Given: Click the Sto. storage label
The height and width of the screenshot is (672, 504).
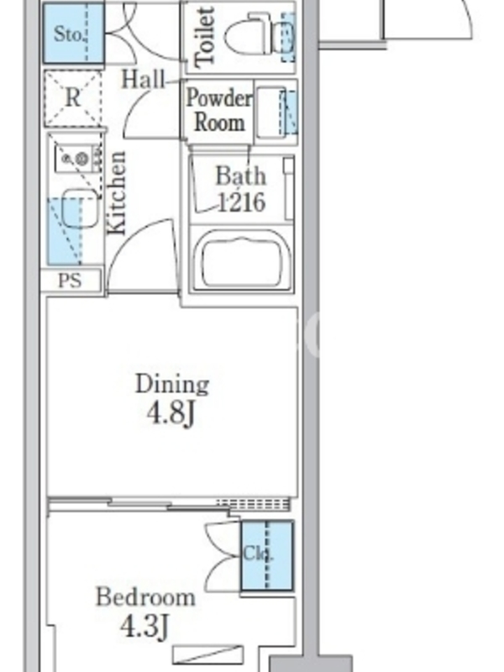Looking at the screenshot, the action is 69,34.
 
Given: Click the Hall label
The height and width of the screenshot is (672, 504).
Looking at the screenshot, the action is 143,80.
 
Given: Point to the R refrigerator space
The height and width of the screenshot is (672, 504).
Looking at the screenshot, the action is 73,98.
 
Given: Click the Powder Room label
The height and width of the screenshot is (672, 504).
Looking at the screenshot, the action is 219,110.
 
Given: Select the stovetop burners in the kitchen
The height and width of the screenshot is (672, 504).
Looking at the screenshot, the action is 76,159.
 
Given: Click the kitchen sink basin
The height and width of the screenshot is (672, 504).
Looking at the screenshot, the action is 80,209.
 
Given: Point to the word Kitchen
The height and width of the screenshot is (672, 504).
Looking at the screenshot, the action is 117,193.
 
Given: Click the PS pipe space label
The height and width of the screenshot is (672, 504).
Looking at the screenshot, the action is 70,281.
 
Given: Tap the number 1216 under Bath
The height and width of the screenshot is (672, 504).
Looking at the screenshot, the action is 242,202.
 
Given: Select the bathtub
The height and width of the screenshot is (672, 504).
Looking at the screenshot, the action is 243,260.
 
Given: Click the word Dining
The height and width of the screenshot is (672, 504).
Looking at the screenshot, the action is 172,384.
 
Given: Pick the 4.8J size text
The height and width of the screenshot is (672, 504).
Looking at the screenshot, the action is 171,413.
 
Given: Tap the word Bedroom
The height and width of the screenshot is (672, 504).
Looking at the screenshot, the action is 145,596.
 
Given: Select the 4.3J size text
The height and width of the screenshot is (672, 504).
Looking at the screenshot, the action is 144,626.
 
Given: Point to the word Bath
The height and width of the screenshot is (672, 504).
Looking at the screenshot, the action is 240,176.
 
